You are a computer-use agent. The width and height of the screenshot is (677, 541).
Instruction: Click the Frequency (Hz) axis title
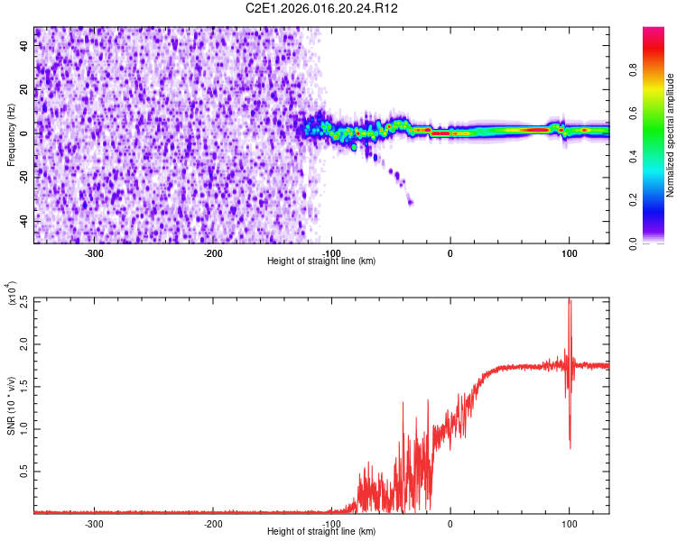tap(11, 134)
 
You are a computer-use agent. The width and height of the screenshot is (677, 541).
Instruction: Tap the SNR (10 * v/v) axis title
tap(11, 405)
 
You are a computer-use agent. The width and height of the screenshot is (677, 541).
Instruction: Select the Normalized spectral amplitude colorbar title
tap(671, 135)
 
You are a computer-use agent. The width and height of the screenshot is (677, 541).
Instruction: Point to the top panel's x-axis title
tap(321, 261)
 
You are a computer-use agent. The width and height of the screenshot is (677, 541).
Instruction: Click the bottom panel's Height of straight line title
tap(321, 531)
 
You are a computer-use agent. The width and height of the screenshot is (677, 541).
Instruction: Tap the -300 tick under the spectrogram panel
tap(95, 253)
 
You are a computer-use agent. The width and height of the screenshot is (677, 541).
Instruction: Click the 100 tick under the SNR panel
tap(569, 523)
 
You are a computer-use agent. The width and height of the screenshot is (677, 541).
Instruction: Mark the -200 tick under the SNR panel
tap(213, 523)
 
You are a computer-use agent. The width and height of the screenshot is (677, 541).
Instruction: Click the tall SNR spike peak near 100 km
tap(569, 301)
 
